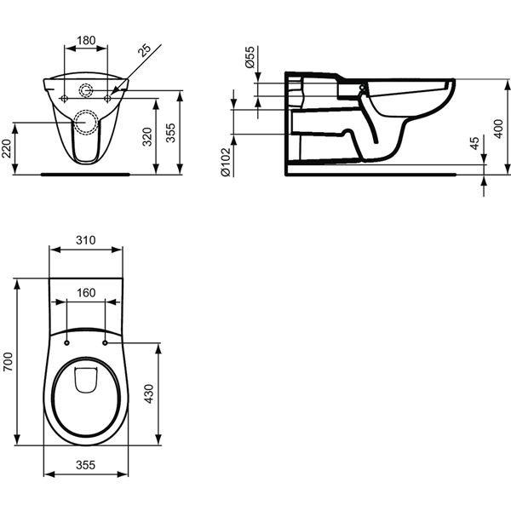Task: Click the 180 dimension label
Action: point(86,39)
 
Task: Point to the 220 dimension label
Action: point(8,151)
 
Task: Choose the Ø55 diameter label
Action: point(250,58)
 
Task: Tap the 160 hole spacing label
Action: point(86,291)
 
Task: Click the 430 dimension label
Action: point(150,394)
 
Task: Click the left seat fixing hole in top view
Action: point(67,342)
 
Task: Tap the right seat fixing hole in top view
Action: point(105,342)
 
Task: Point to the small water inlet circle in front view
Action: point(87,91)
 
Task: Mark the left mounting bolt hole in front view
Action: point(66,99)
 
